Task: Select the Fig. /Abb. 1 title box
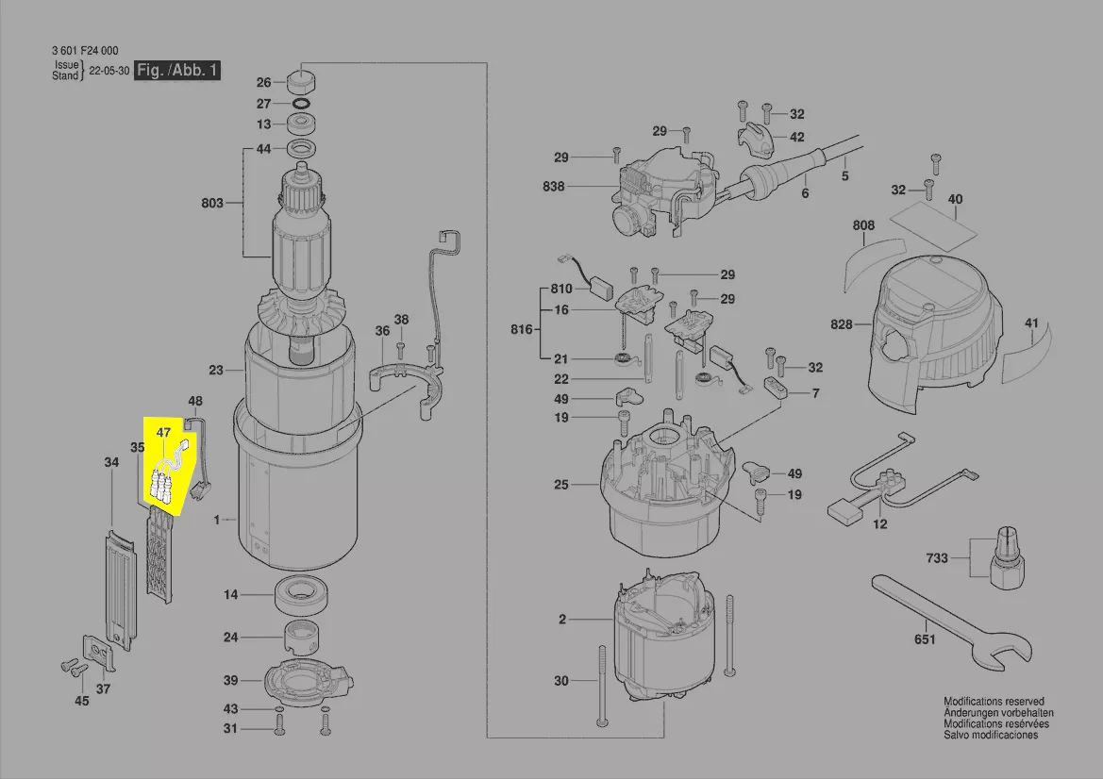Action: coord(177,71)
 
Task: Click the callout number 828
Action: coord(841,324)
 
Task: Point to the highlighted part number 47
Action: coord(164,433)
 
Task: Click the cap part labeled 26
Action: coord(302,79)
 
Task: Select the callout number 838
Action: coord(554,186)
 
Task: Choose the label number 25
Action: coord(561,485)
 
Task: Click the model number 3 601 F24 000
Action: coord(85,51)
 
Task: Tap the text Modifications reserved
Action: coord(994,702)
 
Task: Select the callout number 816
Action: coord(521,331)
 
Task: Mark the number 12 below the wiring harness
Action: coord(879,524)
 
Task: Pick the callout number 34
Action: coord(111,463)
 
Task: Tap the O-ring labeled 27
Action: coord(302,103)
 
